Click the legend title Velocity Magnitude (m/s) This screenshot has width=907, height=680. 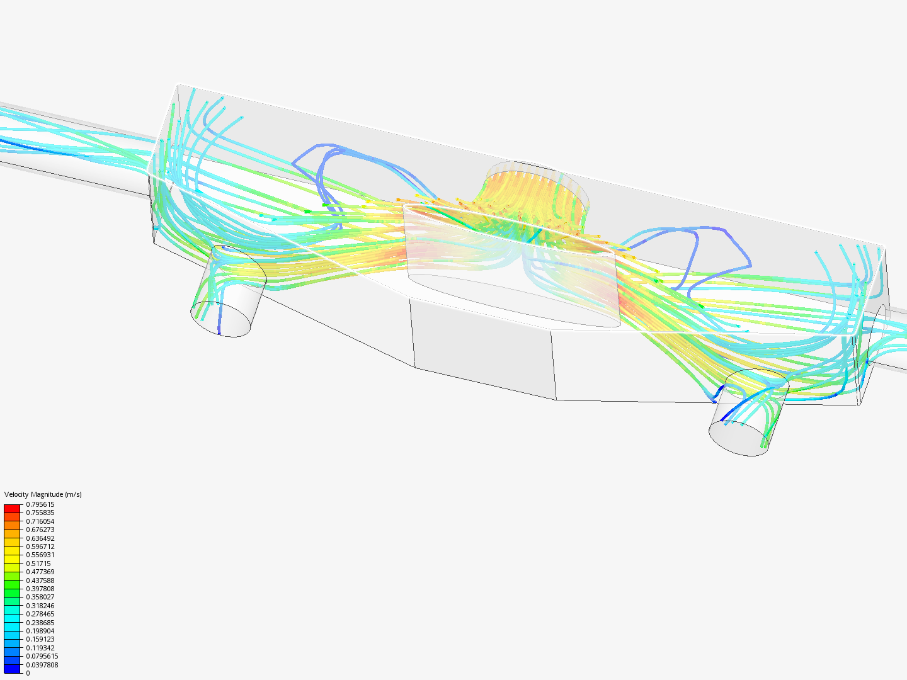pyautogui.click(x=43, y=494)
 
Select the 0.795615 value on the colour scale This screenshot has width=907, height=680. pyautogui.click(x=40, y=504)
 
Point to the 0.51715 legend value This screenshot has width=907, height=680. pyautogui.click(x=38, y=564)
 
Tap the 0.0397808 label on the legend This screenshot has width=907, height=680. pyautogui.click(x=42, y=665)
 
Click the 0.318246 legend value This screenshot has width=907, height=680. pyautogui.click(x=40, y=606)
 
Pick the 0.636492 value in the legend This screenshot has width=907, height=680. pyautogui.click(x=40, y=538)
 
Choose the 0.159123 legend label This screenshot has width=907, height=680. pyautogui.click(x=40, y=639)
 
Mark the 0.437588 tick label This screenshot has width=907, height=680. pyautogui.click(x=40, y=581)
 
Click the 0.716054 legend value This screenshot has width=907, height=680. pyautogui.click(x=40, y=521)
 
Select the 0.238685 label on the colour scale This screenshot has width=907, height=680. pyautogui.click(x=40, y=623)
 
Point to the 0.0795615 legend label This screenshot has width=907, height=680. pyautogui.click(x=42, y=656)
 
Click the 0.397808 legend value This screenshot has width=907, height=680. pyautogui.click(x=40, y=589)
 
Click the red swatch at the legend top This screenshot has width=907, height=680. pyautogui.click(x=12, y=508)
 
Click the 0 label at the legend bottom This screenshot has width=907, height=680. pyautogui.click(x=28, y=673)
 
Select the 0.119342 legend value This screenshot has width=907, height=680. pyautogui.click(x=40, y=648)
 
